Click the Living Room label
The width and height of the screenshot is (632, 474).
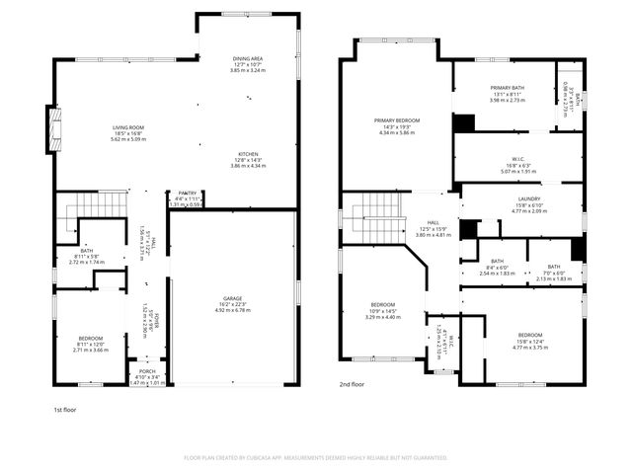127,127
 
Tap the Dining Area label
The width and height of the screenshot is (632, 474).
248,59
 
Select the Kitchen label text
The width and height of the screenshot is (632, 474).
248,154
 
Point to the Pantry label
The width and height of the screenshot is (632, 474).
188,194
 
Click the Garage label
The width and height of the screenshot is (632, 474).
234,298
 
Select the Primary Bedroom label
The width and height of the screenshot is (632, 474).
396,120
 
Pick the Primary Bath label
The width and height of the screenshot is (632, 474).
508,88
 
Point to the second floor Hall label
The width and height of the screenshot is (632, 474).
433,223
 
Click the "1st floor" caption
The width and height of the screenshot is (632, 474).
66,408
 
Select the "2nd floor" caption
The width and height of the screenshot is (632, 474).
353,384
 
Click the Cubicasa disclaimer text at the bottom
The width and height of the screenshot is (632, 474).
316,457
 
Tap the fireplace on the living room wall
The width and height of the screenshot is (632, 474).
52,129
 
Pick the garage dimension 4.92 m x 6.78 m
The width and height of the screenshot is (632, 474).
234,310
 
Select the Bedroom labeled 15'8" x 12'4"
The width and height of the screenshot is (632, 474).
530,335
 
